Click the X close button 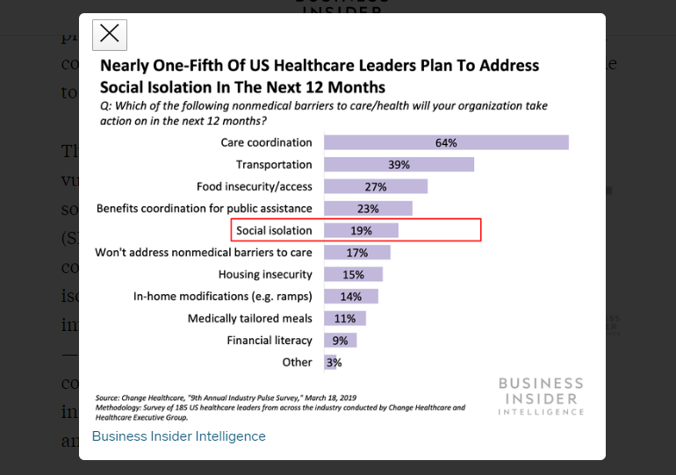(x=110, y=34)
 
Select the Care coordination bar (x=446, y=142)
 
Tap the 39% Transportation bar (x=399, y=164)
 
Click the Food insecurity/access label (x=254, y=186)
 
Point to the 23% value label (x=368, y=209)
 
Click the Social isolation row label (x=274, y=231)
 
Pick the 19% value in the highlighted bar (x=362, y=231)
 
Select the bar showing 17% (x=356, y=253)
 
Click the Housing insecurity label (x=265, y=275)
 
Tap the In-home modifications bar (x=351, y=297)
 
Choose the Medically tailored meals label (x=249, y=319)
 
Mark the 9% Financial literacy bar (x=341, y=341)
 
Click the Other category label (x=297, y=362)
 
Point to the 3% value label (x=334, y=363)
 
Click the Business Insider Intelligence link (x=178, y=436)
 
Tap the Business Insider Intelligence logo (x=540, y=396)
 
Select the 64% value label (x=446, y=142)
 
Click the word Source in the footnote (x=107, y=398)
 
